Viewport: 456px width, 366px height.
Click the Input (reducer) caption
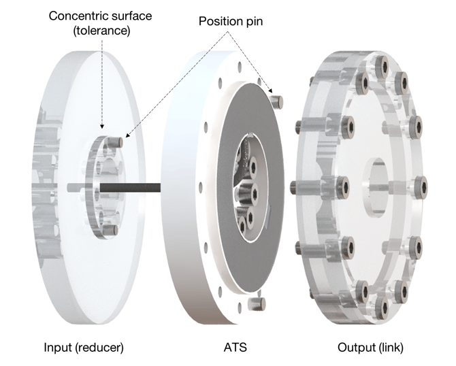(x=84, y=348)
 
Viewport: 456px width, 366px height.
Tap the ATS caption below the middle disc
(x=235, y=348)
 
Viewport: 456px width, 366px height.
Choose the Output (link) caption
(x=370, y=348)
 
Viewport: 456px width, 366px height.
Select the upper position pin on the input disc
(x=116, y=142)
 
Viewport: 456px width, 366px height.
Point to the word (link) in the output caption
(x=389, y=348)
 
